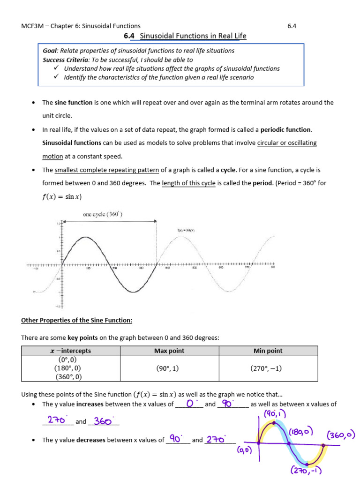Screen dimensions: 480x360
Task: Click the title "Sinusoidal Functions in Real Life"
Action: pyautogui.click(x=193, y=36)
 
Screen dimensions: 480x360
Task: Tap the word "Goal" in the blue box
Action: pyautogui.click(x=50, y=51)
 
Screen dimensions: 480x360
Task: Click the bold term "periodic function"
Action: pyautogui.click(x=286, y=129)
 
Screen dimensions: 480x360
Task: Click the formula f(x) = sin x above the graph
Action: pyautogui.click(x=62, y=196)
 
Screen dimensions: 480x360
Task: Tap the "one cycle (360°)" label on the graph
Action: pyautogui.click(x=103, y=214)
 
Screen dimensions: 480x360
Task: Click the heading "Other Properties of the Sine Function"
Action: pyautogui.click(x=77, y=321)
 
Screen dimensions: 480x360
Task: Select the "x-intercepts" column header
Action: pyautogui.click(x=71, y=351)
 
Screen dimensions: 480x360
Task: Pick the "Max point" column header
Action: pyautogui.click(x=169, y=351)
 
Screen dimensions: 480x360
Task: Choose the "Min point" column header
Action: pyautogui.click(x=268, y=351)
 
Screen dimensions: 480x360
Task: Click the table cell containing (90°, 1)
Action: pyautogui.click(x=168, y=368)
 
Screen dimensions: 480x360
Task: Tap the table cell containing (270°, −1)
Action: pyautogui.click(x=266, y=368)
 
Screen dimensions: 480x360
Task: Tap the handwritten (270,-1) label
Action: pyautogui.click(x=306, y=471)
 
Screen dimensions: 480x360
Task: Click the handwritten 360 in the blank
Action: pyautogui.click(x=103, y=421)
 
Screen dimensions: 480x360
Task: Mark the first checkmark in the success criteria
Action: pyautogui.click(x=57, y=68)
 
